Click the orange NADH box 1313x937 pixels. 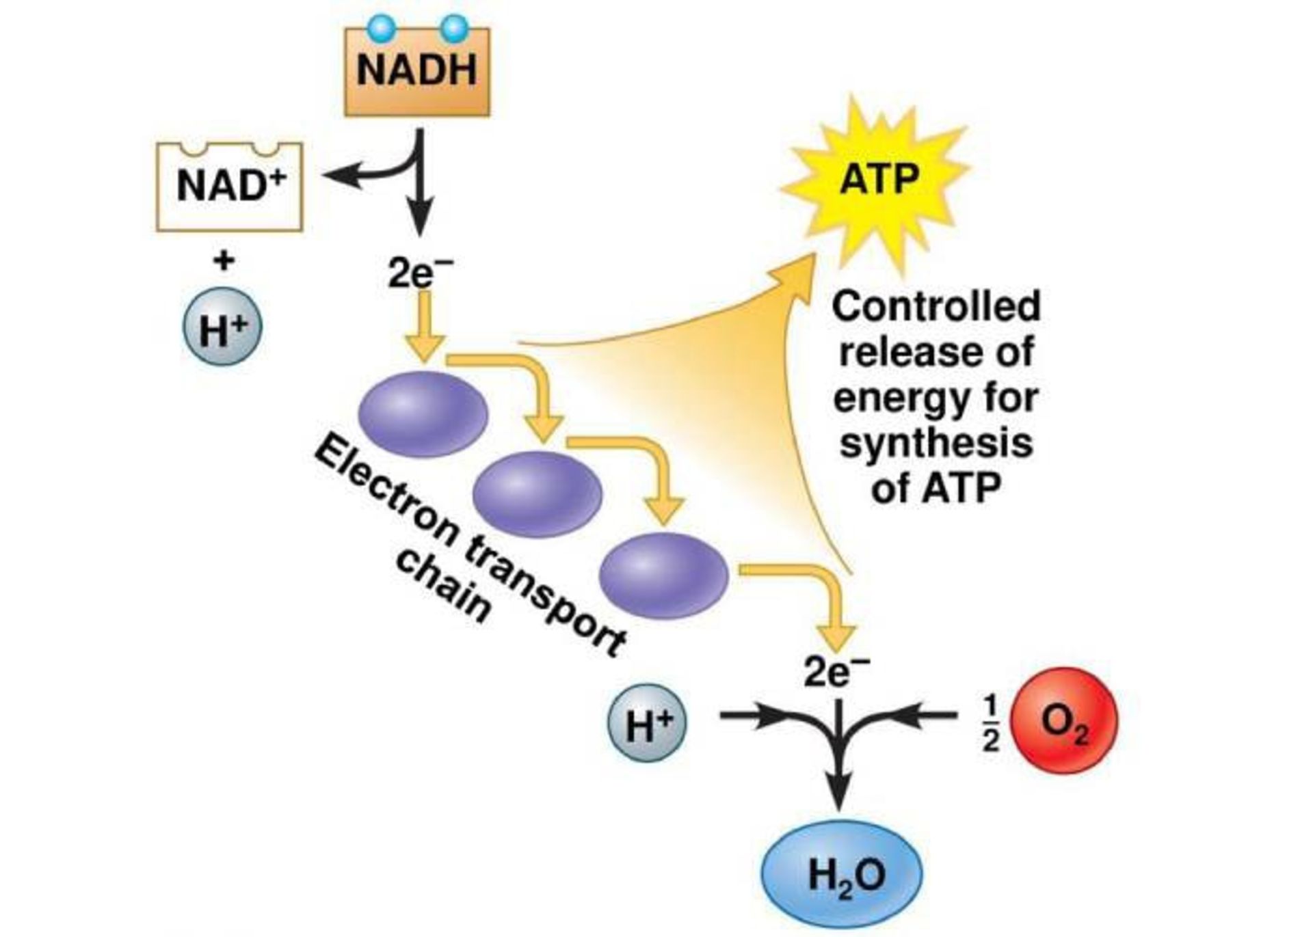click(416, 72)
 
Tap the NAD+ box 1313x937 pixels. click(229, 187)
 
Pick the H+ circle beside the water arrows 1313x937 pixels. click(647, 723)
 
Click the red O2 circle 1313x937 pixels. click(1063, 721)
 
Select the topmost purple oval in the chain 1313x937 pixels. click(423, 414)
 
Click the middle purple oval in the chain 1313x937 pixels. click(537, 493)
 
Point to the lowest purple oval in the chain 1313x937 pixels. click(663, 575)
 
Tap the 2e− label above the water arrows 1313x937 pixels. click(836, 673)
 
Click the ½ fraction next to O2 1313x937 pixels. click(991, 723)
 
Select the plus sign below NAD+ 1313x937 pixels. click(224, 260)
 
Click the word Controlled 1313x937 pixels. click(936, 306)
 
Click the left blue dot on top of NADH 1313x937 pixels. click(381, 28)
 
